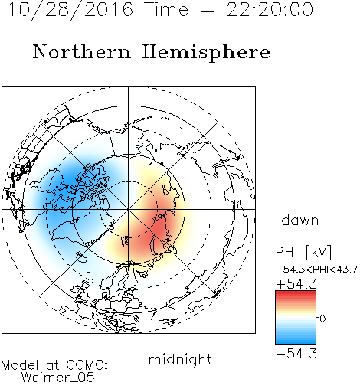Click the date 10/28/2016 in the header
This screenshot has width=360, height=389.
tap(70, 10)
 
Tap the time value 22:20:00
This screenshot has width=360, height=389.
tap(270, 9)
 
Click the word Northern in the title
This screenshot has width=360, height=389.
tap(82, 52)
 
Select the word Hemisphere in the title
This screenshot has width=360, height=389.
tap(206, 53)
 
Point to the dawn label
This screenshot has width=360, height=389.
tap(300, 221)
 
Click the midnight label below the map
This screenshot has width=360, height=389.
tap(180, 360)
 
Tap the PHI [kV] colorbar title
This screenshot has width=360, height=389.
tap(303, 252)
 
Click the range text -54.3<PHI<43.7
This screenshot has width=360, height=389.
tap(316, 270)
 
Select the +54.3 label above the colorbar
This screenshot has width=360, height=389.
tap(296, 284)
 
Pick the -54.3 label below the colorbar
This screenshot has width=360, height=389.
tap(296, 354)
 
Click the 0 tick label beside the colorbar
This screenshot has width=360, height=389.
tap(322, 319)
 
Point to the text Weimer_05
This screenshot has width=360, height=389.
tap(57, 378)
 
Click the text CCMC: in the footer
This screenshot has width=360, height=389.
tap(87, 365)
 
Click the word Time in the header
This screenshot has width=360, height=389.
tap(166, 9)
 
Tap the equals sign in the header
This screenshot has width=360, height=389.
tap(207, 10)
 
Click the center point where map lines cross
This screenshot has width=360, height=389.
tap(129, 209)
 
